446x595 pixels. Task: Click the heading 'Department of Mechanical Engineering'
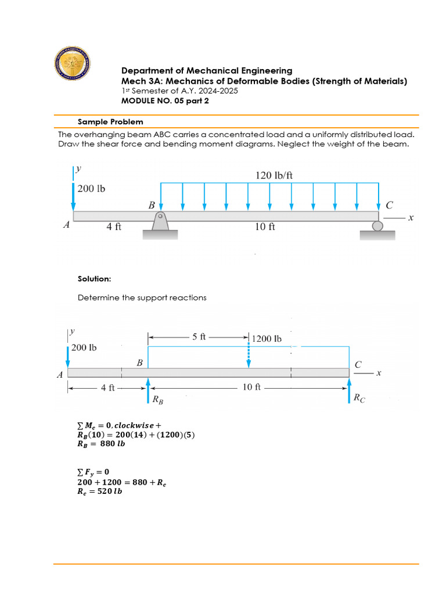click(x=206, y=71)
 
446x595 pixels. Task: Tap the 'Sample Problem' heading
click(x=110, y=122)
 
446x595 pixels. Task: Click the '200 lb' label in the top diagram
click(x=92, y=189)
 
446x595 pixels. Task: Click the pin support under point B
click(x=160, y=223)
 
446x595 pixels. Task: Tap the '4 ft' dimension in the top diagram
click(x=114, y=227)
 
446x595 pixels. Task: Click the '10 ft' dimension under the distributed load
click(x=265, y=227)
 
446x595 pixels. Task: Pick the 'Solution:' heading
click(x=94, y=279)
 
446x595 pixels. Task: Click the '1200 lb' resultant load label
click(x=267, y=338)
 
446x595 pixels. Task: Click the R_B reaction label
click(x=157, y=400)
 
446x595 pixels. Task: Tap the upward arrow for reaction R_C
click(x=349, y=389)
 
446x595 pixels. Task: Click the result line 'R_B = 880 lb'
click(x=101, y=443)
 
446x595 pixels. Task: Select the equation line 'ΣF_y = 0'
click(x=93, y=471)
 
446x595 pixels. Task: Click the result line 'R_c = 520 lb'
click(x=100, y=491)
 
